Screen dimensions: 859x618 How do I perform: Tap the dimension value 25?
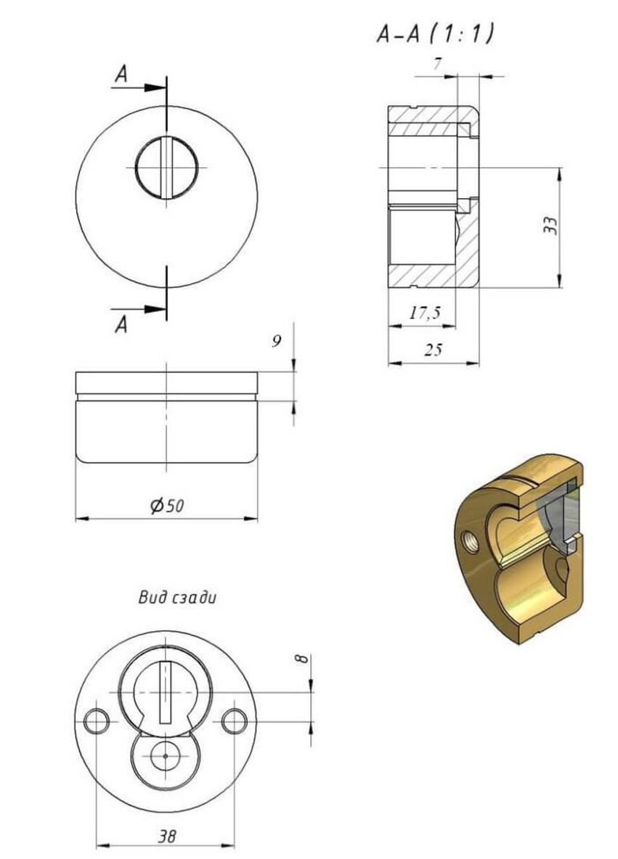[x=433, y=350]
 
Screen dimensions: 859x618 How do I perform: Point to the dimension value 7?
[x=437, y=65]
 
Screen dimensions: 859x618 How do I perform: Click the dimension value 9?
[x=277, y=342]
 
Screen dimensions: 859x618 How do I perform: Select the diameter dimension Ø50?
[x=168, y=506]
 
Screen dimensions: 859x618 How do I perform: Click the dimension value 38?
[x=166, y=836]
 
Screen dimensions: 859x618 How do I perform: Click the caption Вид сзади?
[x=177, y=599]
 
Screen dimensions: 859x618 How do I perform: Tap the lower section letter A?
[x=121, y=325]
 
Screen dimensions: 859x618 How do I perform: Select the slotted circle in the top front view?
[x=168, y=168]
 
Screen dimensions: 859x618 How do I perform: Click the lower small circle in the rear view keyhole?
[x=165, y=756]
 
